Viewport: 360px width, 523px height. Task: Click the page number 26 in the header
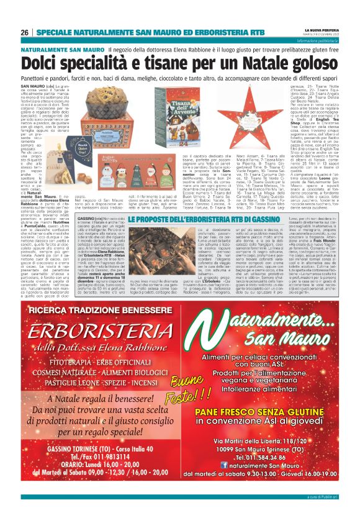[x=24, y=32]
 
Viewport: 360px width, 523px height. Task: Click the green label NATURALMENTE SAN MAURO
[x=61, y=48]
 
